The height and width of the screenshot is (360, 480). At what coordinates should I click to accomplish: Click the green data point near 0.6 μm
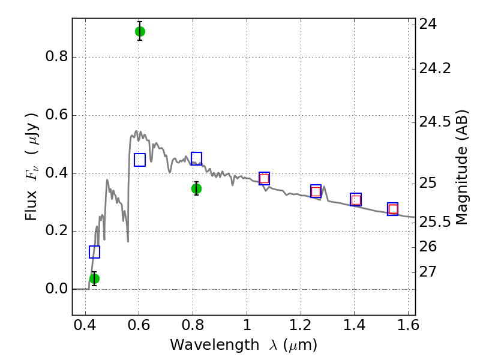(140, 31)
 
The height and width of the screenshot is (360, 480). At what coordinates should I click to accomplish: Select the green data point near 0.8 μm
(196, 188)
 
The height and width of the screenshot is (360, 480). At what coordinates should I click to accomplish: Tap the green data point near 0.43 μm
(94, 278)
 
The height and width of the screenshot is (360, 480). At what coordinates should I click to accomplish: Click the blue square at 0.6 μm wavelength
(140, 160)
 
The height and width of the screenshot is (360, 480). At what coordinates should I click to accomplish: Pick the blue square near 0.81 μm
(196, 158)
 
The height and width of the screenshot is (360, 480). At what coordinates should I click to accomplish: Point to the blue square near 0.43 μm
(94, 252)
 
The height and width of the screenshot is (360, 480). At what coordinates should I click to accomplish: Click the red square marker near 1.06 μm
(264, 178)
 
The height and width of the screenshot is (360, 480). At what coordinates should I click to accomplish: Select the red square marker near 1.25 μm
(316, 191)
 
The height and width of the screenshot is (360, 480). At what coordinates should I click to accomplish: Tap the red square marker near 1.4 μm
(356, 200)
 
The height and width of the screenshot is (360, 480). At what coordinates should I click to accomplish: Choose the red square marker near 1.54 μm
(393, 209)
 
